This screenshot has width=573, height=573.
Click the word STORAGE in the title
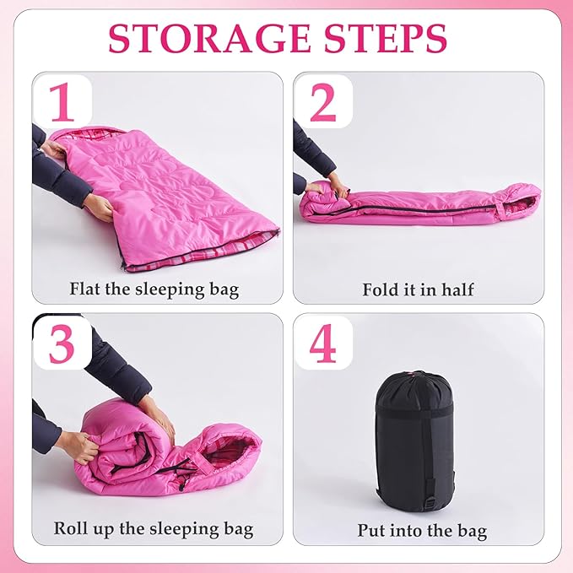pyautogui.click(x=209, y=39)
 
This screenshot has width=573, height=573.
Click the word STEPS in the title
pyautogui.click(x=386, y=39)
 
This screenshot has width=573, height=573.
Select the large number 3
pyautogui.click(x=62, y=344)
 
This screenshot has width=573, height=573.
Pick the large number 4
pyautogui.click(x=322, y=343)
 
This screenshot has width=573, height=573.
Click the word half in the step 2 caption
pyautogui.click(x=457, y=289)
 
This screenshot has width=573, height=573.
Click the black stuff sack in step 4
pyautogui.click(x=414, y=441)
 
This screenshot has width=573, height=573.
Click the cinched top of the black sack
pyautogui.click(x=414, y=377)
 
